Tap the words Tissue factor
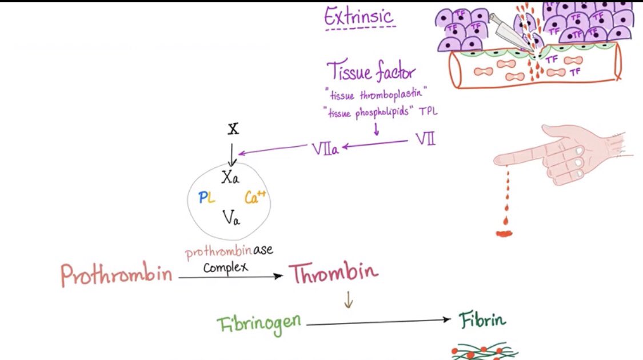372,73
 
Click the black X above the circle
233,129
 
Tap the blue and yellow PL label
206,198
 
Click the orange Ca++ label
255,198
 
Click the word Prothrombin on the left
117,276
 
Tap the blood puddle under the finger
505,233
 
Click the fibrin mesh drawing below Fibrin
485,351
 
